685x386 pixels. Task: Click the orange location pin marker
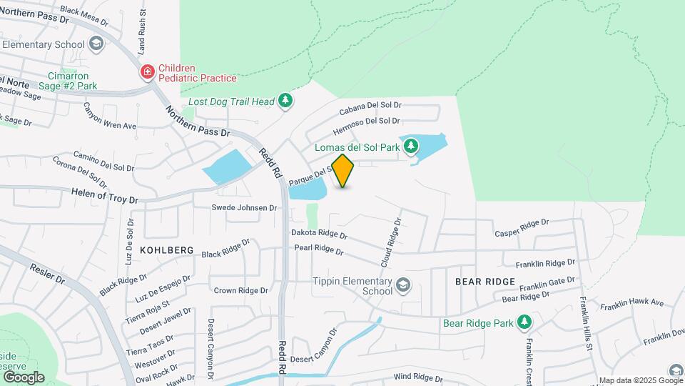343,170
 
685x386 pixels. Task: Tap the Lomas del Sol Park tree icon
411,147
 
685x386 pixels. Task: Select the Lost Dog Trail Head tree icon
286,101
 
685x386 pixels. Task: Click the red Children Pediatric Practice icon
148,71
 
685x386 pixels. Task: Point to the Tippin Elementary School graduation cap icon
403,286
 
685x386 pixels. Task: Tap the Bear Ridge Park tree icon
524,322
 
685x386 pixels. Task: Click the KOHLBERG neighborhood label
167,249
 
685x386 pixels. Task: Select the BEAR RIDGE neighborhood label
484,282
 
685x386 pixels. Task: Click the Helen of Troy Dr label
104,195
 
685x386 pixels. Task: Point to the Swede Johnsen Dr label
244,208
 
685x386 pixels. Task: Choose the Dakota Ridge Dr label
319,234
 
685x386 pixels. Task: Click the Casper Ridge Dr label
522,228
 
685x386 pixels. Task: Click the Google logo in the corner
24,377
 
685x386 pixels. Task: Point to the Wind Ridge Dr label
418,378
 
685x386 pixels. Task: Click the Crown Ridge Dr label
240,291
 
